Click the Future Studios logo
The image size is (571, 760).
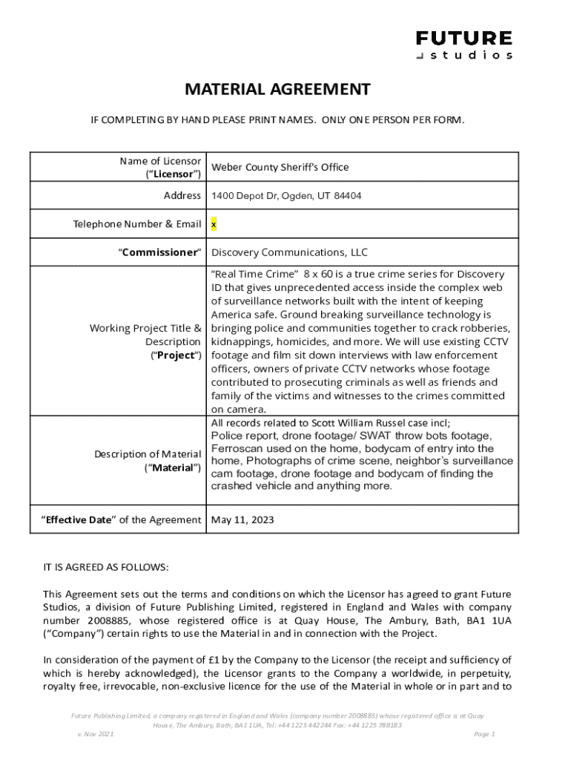click(464, 45)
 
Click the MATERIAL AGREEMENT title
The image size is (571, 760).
click(277, 90)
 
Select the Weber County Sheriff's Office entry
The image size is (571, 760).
click(280, 167)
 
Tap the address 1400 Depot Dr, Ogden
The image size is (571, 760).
click(286, 196)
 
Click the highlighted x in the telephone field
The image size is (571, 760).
click(214, 223)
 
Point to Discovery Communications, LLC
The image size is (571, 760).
click(289, 252)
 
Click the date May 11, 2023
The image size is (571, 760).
click(242, 520)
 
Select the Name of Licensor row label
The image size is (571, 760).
click(160, 167)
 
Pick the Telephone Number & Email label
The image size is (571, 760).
click(136, 223)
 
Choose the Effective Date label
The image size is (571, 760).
click(121, 520)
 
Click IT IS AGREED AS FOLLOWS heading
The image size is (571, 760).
click(106, 568)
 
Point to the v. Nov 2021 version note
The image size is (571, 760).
click(96, 734)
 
